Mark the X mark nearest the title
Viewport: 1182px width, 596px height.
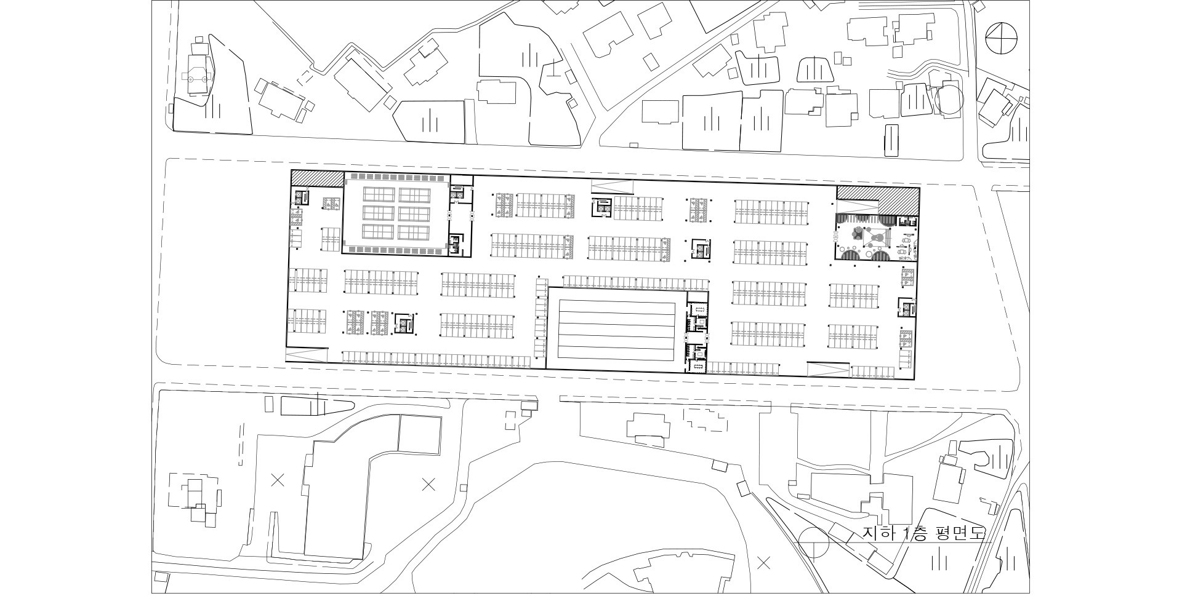764,562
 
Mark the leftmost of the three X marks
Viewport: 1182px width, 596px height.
278,480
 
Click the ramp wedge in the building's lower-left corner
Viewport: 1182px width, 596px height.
305,356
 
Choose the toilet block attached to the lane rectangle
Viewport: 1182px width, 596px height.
697,336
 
